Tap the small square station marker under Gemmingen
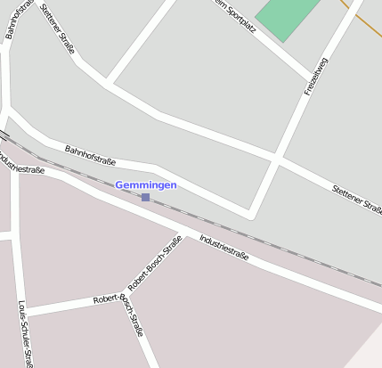point(145,197)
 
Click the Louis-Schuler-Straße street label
point(26,335)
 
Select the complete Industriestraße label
point(224,249)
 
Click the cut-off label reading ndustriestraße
point(21,164)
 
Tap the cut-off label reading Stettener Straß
point(356,199)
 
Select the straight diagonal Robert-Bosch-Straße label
point(155,264)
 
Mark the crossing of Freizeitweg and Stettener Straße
point(274,159)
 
